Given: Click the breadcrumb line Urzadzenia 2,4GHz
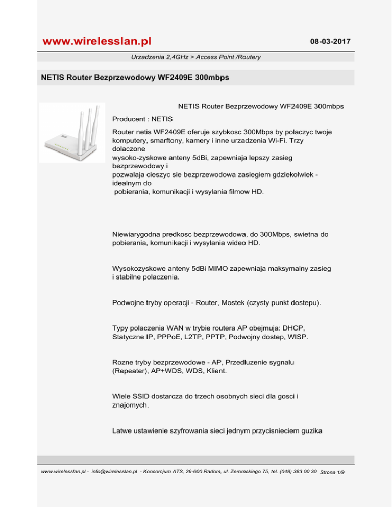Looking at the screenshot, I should pos(195,57).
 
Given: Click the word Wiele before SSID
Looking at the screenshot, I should pos(122,395).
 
